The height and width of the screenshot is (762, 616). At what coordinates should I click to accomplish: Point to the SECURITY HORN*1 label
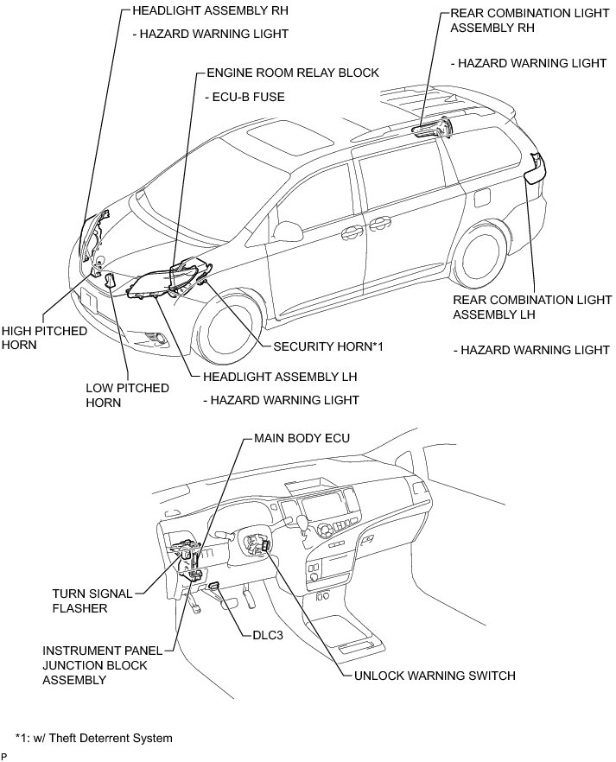[x=327, y=346]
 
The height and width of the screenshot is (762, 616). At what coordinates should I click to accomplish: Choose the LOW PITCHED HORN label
[x=126, y=395]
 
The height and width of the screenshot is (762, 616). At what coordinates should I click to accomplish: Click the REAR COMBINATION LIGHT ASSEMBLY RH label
[x=517, y=20]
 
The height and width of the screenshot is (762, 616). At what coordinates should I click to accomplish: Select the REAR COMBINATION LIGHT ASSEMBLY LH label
[x=531, y=307]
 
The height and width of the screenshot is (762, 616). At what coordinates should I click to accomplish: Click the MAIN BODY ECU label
[x=302, y=438]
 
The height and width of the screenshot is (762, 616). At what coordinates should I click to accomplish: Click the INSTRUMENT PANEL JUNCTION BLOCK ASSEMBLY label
[x=95, y=664]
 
